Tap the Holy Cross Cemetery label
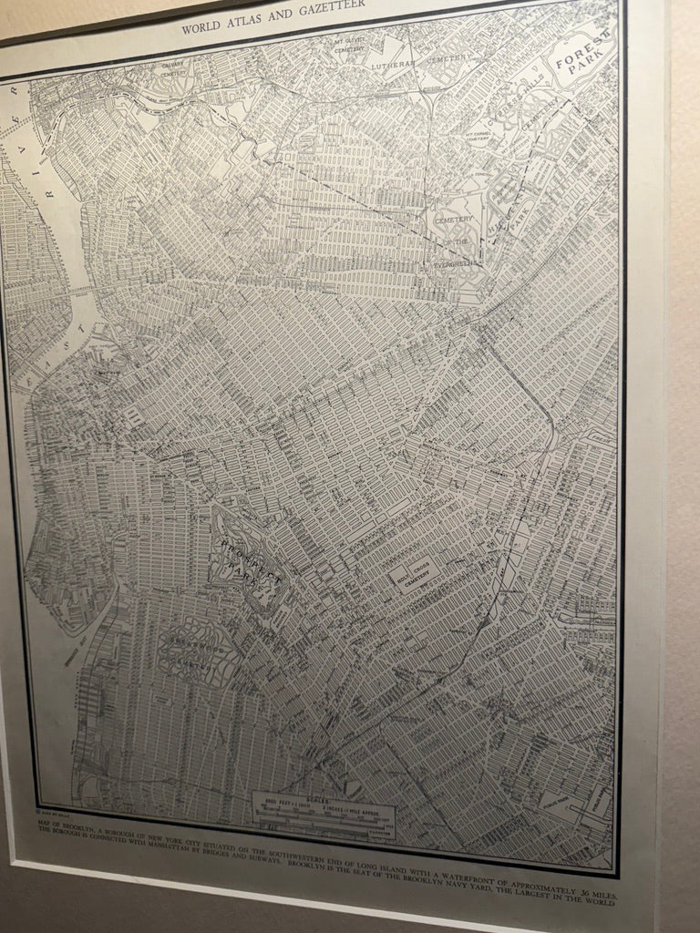[x=415, y=576]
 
